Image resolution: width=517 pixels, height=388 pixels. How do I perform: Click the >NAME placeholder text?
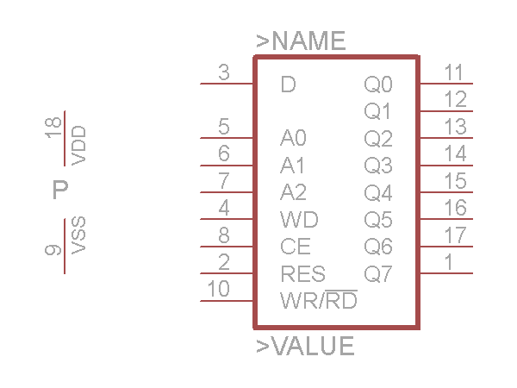(x=301, y=41)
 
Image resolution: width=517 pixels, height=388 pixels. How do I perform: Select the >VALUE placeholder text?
(x=305, y=346)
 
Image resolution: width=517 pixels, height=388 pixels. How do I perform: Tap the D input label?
(x=289, y=84)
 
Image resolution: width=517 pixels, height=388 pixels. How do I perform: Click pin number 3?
(x=224, y=73)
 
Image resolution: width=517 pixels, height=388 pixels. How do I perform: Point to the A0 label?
(x=294, y=138)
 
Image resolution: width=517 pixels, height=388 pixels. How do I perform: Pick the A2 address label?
(x=294, y=191)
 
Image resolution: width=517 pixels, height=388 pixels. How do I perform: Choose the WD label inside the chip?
(x=294, y=218)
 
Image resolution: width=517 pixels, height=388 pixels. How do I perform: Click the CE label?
(x=295, y=246)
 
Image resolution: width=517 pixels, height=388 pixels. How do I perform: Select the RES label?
(x=302, y=274)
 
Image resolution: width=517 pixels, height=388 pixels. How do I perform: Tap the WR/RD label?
(x=319, y=302)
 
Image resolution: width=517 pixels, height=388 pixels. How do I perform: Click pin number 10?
(x=220, y=289)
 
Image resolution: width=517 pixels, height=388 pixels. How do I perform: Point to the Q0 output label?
(x=378, y=84)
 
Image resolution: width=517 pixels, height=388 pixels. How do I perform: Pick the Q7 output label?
(x=378, y=274)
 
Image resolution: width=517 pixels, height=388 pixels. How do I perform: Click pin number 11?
(x=454, y=72)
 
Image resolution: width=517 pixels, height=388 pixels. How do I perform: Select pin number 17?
(x=455, y=235)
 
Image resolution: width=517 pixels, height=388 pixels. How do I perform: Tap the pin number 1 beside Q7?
(x=450, y=261)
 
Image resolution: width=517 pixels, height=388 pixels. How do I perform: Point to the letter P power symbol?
(x=59, y=190)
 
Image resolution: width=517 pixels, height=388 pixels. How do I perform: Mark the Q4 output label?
(x=378, y=192)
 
